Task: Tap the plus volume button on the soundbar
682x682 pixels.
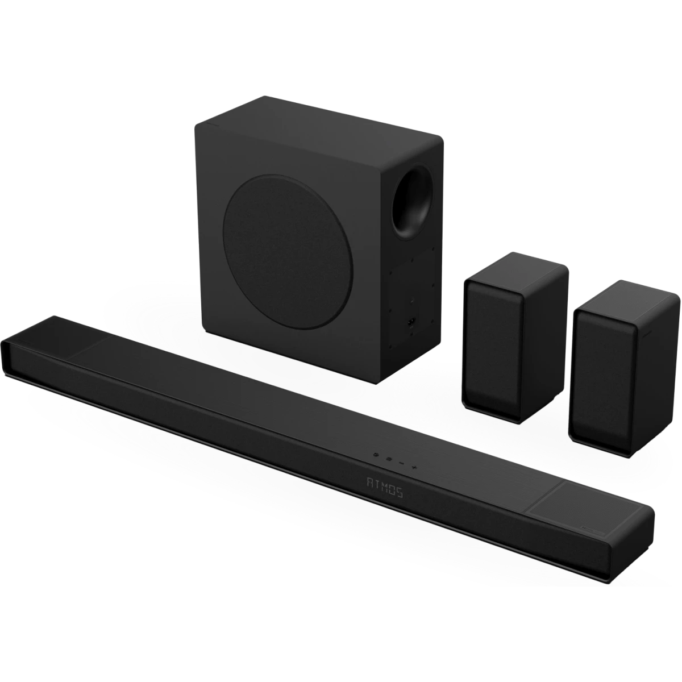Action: [414, 468]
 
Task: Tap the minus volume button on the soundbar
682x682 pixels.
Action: [401, 463]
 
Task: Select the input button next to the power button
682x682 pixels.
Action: [389, 459]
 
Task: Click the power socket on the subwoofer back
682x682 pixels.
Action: [411, 322]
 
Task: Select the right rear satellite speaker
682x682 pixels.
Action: [624, 370]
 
